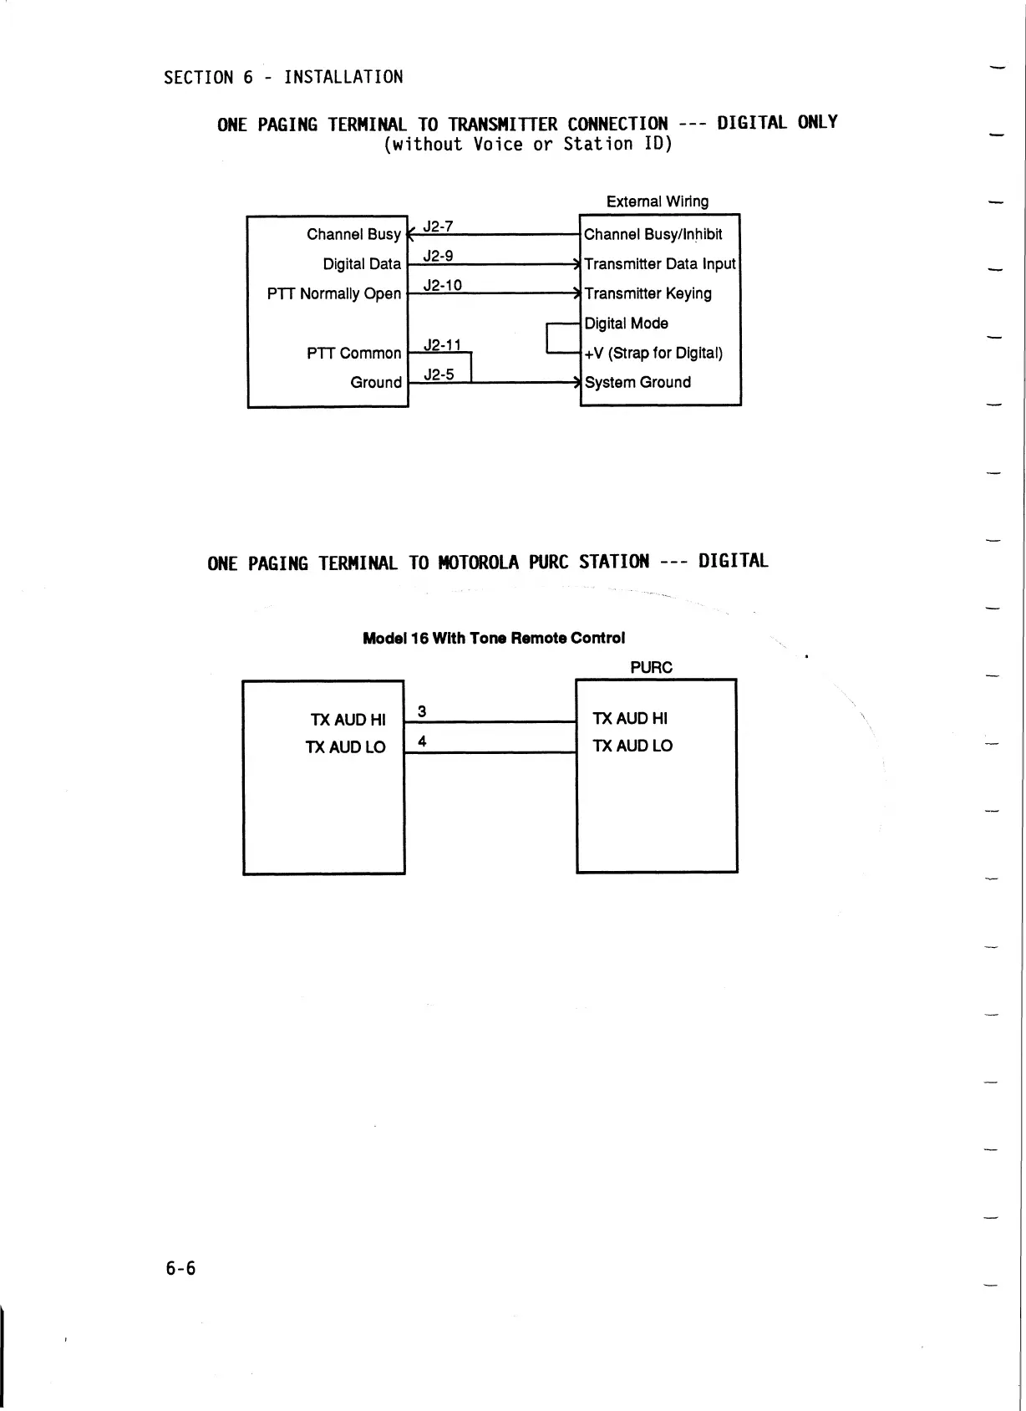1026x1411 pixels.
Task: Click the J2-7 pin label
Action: pyautogui.click(x=438, y=227)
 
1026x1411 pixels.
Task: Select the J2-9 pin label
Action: pyautogui.click(x=438, y=256)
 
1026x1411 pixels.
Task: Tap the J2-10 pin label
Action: pyautogui.click(x=442, y=285)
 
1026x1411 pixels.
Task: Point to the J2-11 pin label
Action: pyautogui.click(x=442, y=344)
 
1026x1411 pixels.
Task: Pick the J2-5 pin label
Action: pyautogui.click(x=439, y=374)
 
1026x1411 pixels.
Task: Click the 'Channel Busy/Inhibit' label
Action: pyautogui.click(x=653, y=234)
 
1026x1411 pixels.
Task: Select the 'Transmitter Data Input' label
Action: pyautogui.click(x=659, y=264)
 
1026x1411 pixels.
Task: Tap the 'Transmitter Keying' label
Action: pyautogui.click(x=648, y=293)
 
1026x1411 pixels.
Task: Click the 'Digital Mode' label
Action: pyautogui.click(x=626, y=323)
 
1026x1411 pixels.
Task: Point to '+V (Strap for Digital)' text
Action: pyautogui.click(x=653, y=353)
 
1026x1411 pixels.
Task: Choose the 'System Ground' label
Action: pyautogui.click(x=637, y=383)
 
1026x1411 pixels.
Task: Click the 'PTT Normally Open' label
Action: pyautogui.click(x=334, y=293)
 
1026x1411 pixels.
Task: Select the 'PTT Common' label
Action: pyautogui.click(x=353, y=354)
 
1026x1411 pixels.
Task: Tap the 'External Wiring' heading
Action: pyautogui.click(x=657, y=201)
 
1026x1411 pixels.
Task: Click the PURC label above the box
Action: pyautogui.click(x=651, y=667)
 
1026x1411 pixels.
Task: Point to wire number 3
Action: pyautogui.click(x=422, y=711)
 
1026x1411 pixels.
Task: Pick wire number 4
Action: pyautogui.click(x=422, y=741)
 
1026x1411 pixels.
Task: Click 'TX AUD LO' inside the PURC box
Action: pyautogui.click(x=632, y=746)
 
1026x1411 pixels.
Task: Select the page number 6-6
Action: pyautogui.click(x=180, y=1269)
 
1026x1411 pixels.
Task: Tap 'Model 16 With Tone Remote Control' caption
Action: pyautogui.click(x=494, y=638)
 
